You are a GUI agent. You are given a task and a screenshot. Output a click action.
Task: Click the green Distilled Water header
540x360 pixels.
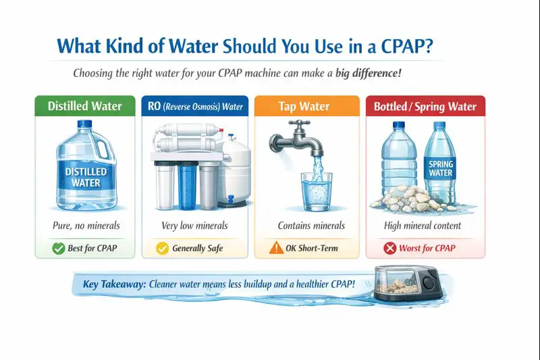coord(84,106)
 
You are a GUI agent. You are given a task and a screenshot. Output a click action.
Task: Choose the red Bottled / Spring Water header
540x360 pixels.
coord(425,106)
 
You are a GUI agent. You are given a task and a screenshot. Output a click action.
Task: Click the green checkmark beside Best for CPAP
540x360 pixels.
coord(59,248)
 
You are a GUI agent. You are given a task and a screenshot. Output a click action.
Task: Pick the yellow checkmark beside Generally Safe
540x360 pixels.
coord(162,248)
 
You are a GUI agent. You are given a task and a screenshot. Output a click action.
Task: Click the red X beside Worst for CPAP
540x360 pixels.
coord(389,248)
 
